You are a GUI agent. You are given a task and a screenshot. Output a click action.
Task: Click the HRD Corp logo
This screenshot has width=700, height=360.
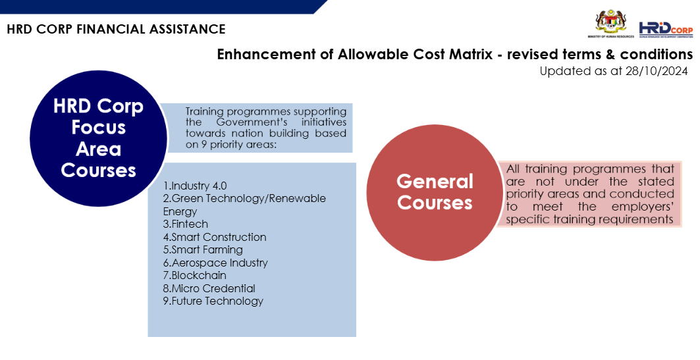(666, 30)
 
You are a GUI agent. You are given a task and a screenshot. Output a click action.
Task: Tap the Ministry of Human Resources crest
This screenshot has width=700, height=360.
(610, 23)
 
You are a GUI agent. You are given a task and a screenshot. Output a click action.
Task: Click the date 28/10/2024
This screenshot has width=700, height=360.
(657, 71)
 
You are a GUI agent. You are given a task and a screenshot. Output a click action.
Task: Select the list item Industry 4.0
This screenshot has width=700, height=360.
(195, 186)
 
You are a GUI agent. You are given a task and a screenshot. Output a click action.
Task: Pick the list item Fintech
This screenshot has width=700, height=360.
(186, 224)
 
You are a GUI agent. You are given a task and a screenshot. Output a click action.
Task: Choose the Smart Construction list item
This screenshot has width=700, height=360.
(215, 237)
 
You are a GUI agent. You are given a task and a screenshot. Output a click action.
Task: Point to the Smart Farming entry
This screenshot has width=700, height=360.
(203, 250)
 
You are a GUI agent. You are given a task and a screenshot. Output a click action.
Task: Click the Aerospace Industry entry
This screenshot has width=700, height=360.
(215, 263)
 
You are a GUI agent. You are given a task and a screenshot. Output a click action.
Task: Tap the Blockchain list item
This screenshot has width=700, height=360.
(195, 275)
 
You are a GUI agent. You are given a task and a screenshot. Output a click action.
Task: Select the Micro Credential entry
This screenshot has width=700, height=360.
(209, 288)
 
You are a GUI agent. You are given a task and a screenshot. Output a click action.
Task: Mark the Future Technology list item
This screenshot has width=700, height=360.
(213, 301)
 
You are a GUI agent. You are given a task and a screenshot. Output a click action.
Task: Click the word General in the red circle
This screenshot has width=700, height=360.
(435, 182)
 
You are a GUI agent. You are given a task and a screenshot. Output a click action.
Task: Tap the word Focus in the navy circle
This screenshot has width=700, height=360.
(99, 127)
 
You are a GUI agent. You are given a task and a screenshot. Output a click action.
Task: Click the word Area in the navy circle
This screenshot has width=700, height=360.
(99, 149)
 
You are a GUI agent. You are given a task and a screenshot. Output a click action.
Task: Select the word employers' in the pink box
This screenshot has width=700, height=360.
(643, 207)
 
